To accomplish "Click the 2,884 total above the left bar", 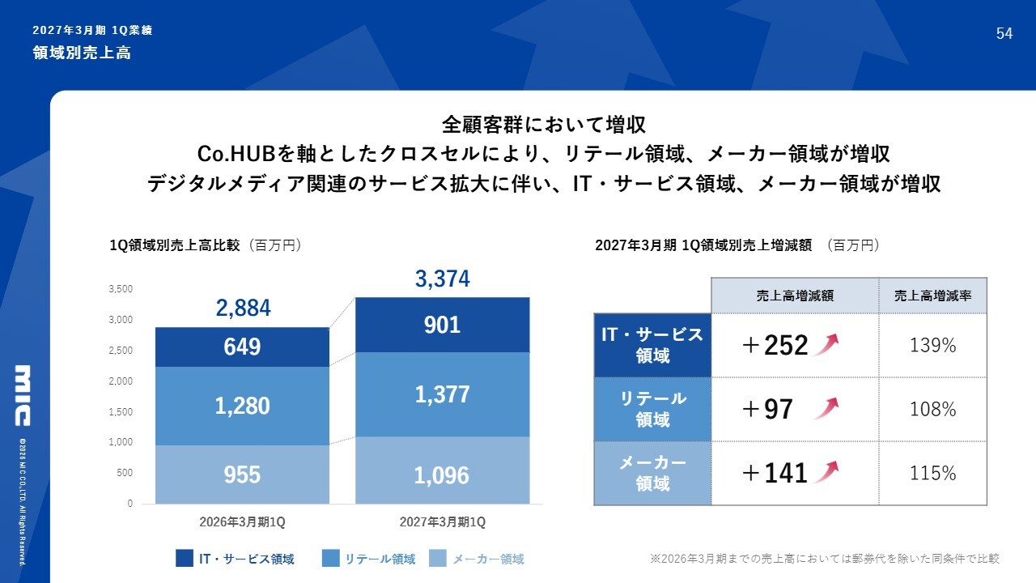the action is coord(244,309).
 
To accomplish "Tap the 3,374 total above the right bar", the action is coord(443,279).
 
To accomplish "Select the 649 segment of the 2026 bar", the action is coord(242,347).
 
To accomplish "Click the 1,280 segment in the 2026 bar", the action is coord(242,406).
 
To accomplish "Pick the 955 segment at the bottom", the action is coord(242,474).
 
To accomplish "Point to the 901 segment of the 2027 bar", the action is coord(443,325).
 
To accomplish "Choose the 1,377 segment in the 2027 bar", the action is coord(443,394).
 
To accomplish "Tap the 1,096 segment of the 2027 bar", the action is coord(443,470).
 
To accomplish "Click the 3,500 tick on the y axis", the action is coord(121,289).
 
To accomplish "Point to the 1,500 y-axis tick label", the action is coord(121,412).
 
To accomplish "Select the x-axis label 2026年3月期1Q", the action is coord(242,522).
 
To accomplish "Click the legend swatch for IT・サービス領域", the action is coord(184,558).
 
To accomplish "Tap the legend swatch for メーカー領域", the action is coord(438,558).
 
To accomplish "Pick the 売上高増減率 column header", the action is coord(933,296).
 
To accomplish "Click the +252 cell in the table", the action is coord(775,345).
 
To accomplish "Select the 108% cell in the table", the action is coord(933,409).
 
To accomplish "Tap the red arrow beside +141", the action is coord(826,472).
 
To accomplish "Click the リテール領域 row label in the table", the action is coord(652,409).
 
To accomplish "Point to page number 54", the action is coord(1004,33).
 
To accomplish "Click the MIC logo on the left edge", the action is coord(23,395).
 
